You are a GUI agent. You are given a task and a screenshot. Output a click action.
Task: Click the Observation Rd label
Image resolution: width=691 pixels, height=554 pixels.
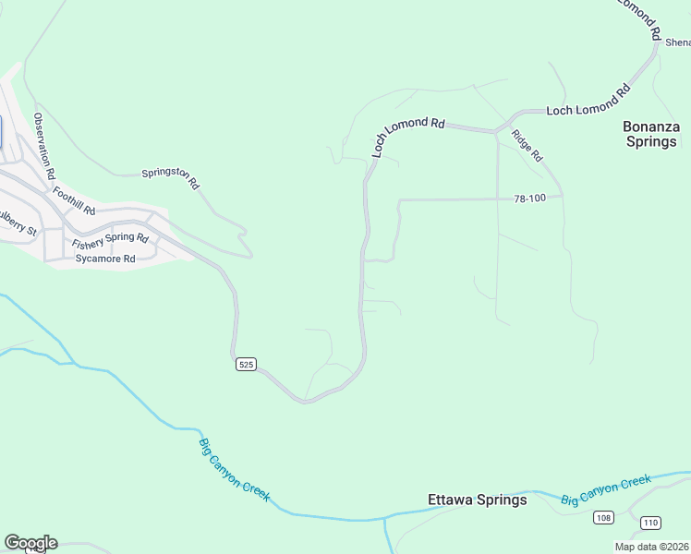pos(44,146)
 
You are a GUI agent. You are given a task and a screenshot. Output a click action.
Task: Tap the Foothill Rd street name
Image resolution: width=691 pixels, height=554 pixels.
pos(74,200)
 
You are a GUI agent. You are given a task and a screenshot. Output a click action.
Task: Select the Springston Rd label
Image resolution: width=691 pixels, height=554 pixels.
pos(171,177)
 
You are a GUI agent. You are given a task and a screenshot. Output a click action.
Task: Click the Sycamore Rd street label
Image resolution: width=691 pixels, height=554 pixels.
pos(105,259)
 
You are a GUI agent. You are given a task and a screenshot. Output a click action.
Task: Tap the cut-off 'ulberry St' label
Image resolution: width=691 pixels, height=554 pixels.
pos(17,223)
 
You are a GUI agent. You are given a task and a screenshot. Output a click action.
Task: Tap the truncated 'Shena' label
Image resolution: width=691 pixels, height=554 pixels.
pos(677,42)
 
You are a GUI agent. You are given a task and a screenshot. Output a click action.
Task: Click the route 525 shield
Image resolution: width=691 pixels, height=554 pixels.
pos(244,364)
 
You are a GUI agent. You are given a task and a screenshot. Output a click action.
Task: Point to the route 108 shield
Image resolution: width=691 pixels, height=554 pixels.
pos(603,517)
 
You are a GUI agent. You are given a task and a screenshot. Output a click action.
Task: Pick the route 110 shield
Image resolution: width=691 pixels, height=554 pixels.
pos(650,523)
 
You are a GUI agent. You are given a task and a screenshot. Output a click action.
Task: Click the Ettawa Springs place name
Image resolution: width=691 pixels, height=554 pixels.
pos(478,500)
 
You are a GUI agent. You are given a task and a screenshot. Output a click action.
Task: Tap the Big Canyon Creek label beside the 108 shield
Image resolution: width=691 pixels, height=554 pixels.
pos(606,490)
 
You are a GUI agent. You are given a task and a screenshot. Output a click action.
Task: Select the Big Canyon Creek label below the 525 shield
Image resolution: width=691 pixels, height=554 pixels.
pos(235,469)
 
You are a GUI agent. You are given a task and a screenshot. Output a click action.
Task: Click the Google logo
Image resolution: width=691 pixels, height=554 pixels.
pos(30,543)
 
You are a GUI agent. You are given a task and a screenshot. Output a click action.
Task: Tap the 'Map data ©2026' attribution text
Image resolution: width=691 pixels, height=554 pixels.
pos(652,547)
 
